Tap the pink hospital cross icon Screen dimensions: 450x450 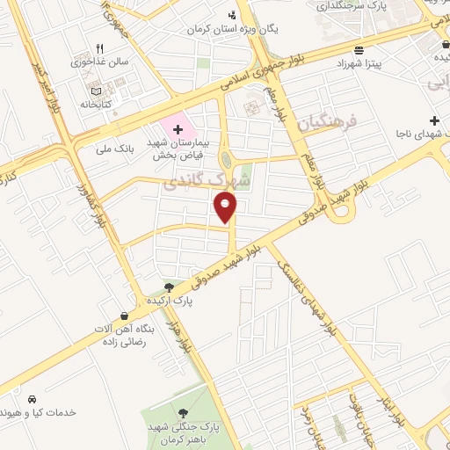[x=178, y=129]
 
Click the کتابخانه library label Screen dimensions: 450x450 [x=97, y=102]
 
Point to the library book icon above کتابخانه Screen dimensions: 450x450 [x=96, y=89]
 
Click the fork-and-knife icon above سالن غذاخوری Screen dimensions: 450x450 [x=99, y=48]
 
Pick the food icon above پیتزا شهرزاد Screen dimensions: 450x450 [x=358, y=50]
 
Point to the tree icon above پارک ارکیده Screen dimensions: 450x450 [x=169, y=287]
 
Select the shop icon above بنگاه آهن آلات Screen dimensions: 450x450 [x=124, y=316]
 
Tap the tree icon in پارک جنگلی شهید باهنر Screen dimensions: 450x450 [x=184, y=412]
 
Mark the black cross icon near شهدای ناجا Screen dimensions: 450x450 [x=434, y=120]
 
